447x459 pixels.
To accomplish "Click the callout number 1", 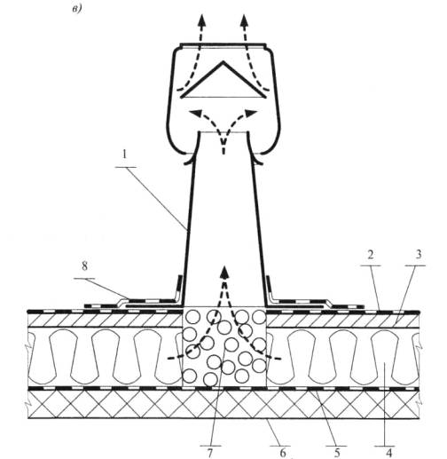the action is click(125, 154).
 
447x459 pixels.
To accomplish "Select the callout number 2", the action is click(371, 255).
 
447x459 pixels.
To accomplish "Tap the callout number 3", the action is click(418, 254).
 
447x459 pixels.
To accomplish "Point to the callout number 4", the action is click(388, 453).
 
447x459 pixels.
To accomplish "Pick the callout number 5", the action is click(337, 453).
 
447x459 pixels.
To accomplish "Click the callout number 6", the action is click(282, 453).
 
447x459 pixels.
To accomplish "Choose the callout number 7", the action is click(210, 453).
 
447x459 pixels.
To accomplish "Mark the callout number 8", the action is click(85, 266).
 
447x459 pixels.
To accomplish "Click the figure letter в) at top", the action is click(77, 10).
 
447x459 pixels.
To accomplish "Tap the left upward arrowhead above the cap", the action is click(202, 20).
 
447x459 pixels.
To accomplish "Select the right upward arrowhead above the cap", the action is click(244, 20).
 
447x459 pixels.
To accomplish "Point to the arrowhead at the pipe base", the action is click(225, 272).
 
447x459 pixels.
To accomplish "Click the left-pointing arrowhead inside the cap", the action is click(195, 113).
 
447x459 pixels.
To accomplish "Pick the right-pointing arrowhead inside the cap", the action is click(251, 113).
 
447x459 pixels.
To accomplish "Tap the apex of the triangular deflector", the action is click(223, 61).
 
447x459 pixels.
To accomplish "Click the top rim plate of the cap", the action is click(223, 45).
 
